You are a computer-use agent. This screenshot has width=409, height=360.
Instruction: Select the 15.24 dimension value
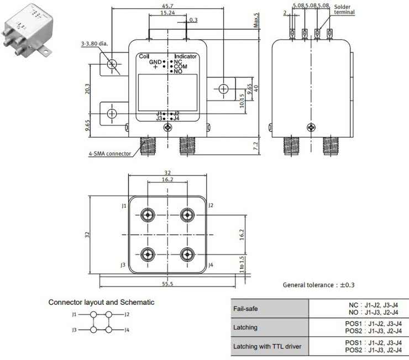pos(168,12)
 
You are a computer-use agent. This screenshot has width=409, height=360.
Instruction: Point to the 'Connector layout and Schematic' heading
pos(101,302)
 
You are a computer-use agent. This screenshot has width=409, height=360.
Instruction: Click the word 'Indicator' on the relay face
pos(186,56)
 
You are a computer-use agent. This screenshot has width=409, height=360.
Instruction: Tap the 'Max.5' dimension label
pos(256,20)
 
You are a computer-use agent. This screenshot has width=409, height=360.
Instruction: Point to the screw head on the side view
pos(312,128)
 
